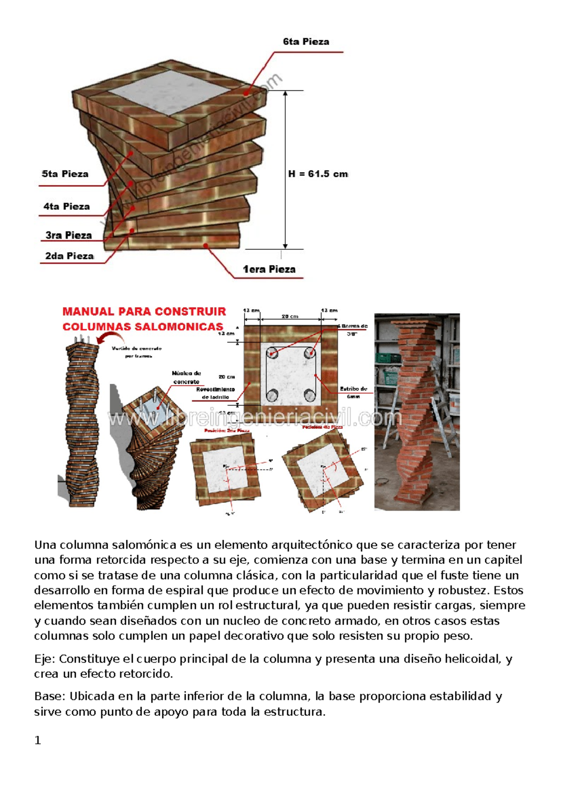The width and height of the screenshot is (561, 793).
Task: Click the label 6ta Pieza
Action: [306, 42]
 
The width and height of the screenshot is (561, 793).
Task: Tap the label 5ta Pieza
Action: [65, 174]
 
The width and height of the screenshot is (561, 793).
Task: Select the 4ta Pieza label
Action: [66, 206]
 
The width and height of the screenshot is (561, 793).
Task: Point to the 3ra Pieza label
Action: [68, 235]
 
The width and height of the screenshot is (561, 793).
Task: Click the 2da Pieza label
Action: [69, 256]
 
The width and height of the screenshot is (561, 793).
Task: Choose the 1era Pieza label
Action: [269, 269]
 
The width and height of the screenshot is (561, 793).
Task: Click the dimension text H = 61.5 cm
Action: [318, 174]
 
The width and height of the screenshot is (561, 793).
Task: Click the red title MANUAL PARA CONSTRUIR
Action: [144, 311]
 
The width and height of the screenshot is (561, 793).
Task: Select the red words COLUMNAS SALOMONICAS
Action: [143, 326]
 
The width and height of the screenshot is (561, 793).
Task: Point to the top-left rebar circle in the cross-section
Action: [272, 353]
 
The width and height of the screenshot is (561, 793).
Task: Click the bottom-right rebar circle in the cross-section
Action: [309, 396]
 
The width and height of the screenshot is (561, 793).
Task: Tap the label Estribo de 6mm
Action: [353, 392]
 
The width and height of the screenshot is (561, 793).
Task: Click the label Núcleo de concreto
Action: [186, 377]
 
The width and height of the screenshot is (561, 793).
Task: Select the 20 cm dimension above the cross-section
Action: [290, 317]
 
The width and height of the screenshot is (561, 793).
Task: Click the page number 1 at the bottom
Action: [38, 740]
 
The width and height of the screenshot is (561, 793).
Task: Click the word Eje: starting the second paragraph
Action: [45, 659]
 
